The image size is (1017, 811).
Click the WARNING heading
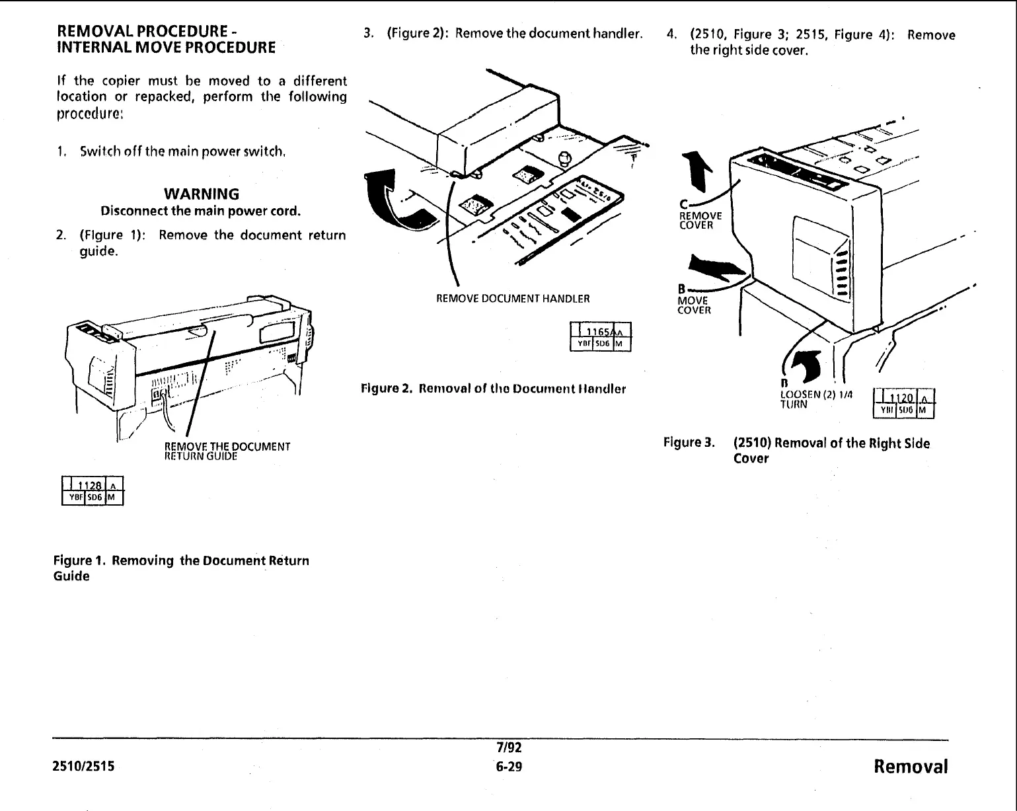pyautogui.click(x=201, y=194)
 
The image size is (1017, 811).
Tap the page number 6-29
pyautogui.click(x=509, y=767)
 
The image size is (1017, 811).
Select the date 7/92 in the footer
pyautogui.click(x=509, y=748)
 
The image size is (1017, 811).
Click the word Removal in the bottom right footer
pyautogui.click(x=910, y=767)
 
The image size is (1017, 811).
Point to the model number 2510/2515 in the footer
pyautogui.click(x=83, y=767)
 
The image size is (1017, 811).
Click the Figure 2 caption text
pyautogui.click(x=493, y=389)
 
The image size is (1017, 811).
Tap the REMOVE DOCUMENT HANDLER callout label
pyautogui.click(x=513, y=299)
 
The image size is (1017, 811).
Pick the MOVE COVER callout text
pyautogui.click(x=694, y=305)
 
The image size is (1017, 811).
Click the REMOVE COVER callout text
pyautogui.click(x=700, y=220)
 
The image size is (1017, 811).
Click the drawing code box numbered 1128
pyautogui.click(x=92, y=490)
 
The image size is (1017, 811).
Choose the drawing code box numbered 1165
pyautogui.click(x=600, y=336)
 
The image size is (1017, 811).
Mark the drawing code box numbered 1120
pyautogui.click(x=903, y=403)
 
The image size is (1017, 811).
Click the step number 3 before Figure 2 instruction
pyautogui.click(x=368, y=34)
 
